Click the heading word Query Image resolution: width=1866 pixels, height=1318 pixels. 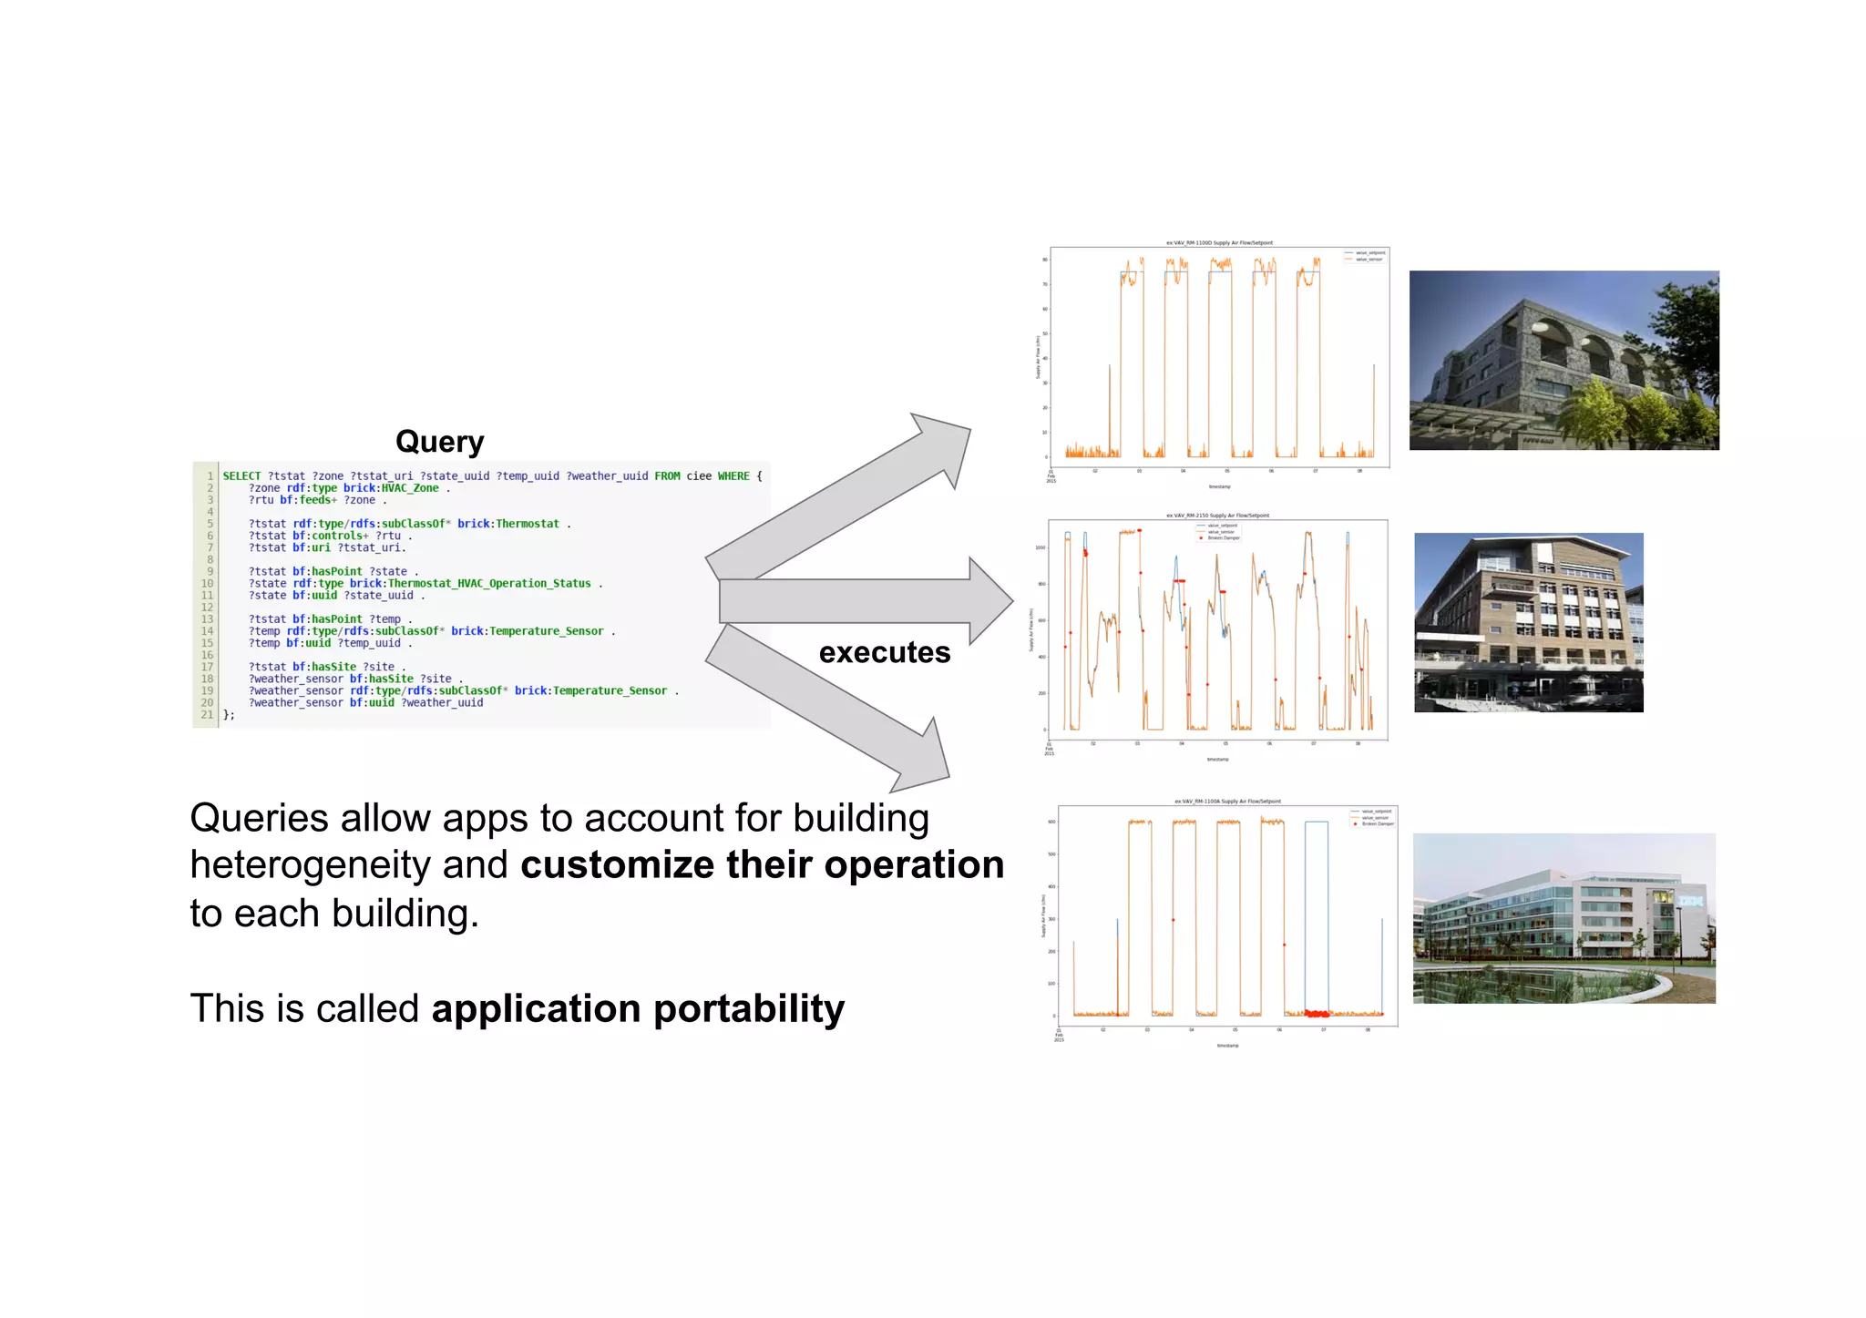pyautogui.click(x=439, y=442)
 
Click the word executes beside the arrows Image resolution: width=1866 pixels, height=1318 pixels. pyautogui.click(x=884, y=652)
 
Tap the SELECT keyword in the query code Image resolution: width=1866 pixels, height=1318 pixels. pyautogui.click(x=241, y=476)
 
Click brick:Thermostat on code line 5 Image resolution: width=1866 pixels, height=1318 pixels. pyautogui.click(x=508, y=524)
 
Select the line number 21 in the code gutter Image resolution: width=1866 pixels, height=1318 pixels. pyautogui.click(x=207, y=715)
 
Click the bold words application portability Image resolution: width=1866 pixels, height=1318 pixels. pyautogui.click(x=638, y=1008)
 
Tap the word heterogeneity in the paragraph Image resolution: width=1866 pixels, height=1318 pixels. pyautogui.click(x=310, y=864)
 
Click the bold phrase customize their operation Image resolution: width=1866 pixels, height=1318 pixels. pyautogui.click(x=762, y=864)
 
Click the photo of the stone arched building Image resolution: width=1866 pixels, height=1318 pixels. pyautogui.click(x=1564, y=360)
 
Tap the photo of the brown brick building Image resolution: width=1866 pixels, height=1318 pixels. pyautogui.click(x=1528, y=622)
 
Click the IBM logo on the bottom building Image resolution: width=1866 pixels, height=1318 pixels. pyautogui.click(x=1690, y=901)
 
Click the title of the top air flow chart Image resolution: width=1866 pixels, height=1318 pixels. pyautogui.click(x=1219, y=243)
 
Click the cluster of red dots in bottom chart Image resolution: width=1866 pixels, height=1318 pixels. pyautogui.click(x=1317, y=1013)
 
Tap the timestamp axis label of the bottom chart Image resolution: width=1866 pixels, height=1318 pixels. pyautogui.click(x=1227, y=1046)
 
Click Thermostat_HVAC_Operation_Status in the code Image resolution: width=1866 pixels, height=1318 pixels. pyautogui.click(x=489, y=584)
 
